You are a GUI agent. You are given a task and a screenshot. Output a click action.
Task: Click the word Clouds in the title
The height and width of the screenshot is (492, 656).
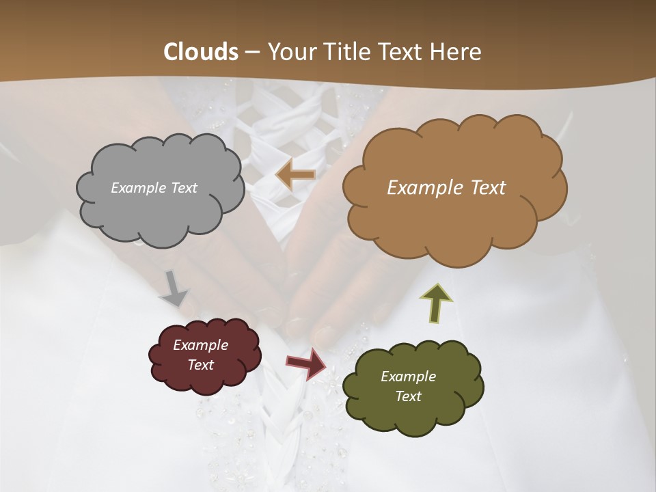201,52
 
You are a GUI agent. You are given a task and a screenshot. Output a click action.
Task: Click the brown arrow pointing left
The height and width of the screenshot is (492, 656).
295,176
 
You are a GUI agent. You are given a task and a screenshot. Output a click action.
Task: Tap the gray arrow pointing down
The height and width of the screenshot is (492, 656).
175,290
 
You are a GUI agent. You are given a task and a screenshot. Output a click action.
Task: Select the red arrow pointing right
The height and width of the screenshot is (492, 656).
306,363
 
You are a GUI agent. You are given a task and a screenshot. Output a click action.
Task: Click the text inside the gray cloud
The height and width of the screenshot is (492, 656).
154,188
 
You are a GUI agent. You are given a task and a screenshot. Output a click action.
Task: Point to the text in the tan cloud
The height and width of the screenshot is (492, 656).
446,188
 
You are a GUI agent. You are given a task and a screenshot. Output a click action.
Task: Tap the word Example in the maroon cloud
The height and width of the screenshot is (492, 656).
200,345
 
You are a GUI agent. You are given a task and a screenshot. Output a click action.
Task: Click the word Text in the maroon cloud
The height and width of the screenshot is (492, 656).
200,365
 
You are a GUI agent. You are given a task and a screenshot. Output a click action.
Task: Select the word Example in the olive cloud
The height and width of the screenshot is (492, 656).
408,377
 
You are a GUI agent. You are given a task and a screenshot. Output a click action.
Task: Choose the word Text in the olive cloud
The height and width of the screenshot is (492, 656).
408,396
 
